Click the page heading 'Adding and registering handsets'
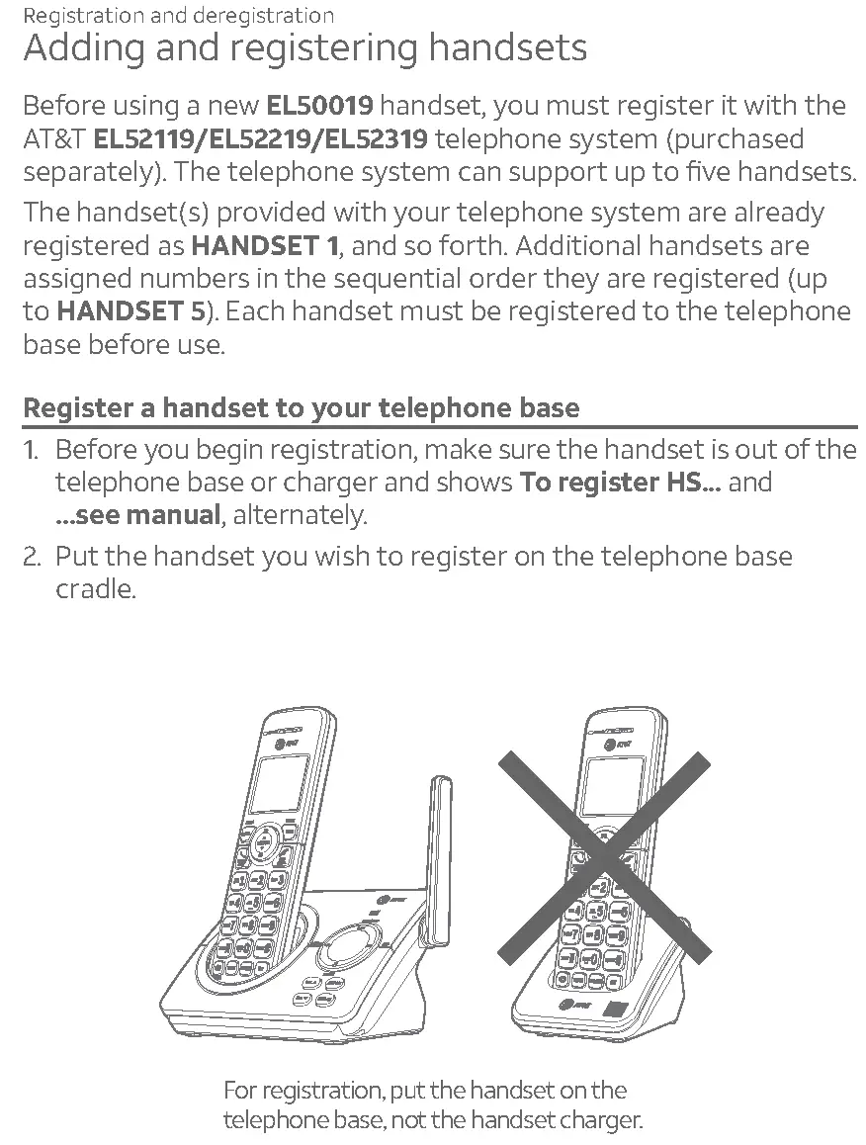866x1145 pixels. (304, 48)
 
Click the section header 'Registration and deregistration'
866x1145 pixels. (178, 16)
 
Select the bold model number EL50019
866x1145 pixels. (320, 106)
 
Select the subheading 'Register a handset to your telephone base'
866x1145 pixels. (301, 407)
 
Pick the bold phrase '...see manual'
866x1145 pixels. (137, 515)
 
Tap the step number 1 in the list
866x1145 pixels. (31, 450)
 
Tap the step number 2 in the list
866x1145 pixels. (32, 556)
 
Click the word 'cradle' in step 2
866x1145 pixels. (94, 589)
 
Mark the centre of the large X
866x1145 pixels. (604, 856)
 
